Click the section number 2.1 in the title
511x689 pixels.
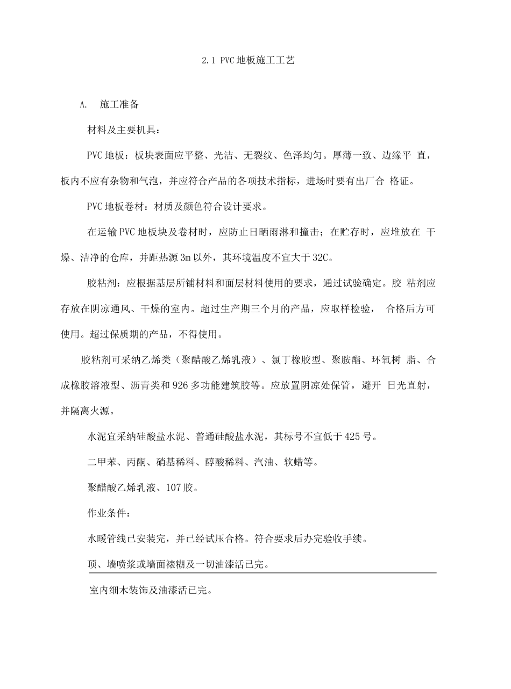point(208,61)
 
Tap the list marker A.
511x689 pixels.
point(83,105)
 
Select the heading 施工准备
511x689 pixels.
point(119,105)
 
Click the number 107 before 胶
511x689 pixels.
point(176,487)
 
